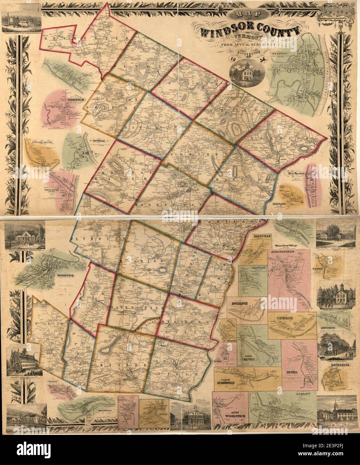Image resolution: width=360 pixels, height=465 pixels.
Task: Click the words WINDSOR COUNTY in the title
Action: (x=250, y=31)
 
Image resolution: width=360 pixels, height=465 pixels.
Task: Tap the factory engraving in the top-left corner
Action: (x=20, y=20)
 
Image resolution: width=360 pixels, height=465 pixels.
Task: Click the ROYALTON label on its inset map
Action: (x=238, y=304)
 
